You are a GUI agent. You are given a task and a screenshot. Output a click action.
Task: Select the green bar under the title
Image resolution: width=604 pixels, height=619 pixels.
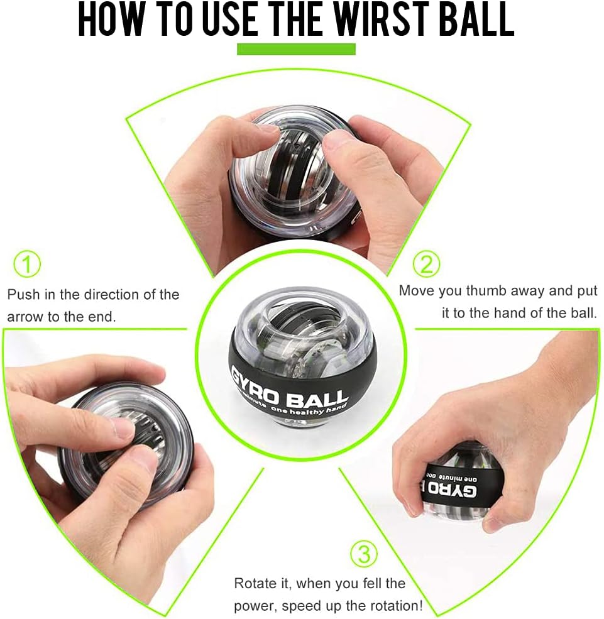[x=296, y=49]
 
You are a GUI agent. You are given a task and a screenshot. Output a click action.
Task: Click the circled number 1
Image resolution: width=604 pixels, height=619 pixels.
[x=27, y=264]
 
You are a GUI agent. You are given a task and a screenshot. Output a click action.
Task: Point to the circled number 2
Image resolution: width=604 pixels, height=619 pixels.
[x=426, y=264]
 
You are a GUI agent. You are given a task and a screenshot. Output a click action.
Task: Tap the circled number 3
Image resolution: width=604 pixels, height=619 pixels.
[x=363, y=554]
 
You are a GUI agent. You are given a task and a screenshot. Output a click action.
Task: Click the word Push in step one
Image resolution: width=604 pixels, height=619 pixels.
[x=24, y=295]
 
